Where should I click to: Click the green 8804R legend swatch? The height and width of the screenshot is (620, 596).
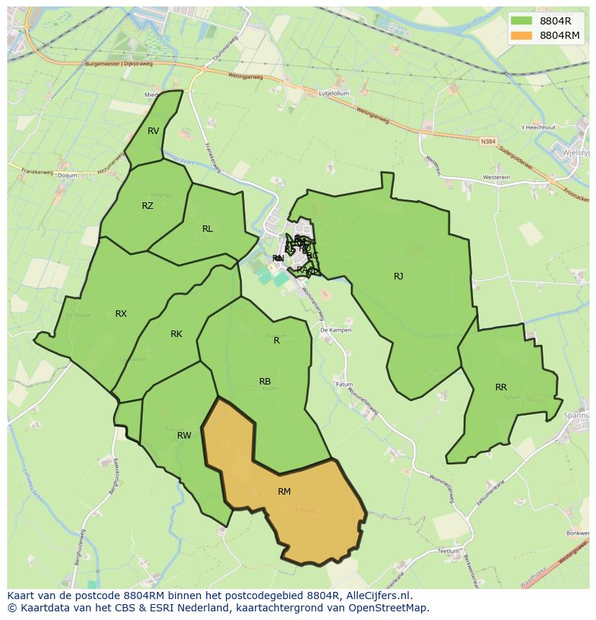pyautogui.click(x=521, y=21)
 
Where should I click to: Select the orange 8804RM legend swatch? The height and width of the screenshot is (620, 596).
pyautogui.click(x=521, y=35)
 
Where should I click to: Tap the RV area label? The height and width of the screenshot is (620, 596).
pyautogui.click(x=153, y=131)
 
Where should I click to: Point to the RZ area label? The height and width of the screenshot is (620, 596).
pyautogui.click(x=148, y=206)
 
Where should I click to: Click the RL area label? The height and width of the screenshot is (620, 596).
pyautogui.click(x=207, y=229)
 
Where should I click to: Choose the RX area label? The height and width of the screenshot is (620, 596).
pyautogui.click(x=121, y=313)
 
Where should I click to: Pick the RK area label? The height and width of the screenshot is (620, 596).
pyautogui.click(x=176, y=334)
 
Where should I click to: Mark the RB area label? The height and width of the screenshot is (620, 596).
pyautogui.click(x=265, y=382)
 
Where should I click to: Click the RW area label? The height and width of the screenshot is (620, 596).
pyautogui.click(x=184, y=435)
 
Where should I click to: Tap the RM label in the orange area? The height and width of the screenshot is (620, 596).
pyautogui.click(x=284, y=491)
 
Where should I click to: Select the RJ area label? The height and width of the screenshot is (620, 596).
pyautogui.click(x=398, y=276)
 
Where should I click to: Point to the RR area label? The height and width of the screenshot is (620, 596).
pyautogui.click(x=501, y=387)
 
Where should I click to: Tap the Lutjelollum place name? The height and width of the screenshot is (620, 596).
pyautogui.click(x=333, y=94)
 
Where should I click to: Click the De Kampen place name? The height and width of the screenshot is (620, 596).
pyautogui.click(x=335, y=330)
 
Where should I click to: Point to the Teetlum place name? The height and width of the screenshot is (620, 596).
pyautogui.click(x=448, y=551)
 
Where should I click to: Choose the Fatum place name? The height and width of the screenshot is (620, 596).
pyautogui.click(x=346, y=385)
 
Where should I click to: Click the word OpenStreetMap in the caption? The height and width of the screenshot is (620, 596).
pyautogui.click(x=391, y=608)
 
